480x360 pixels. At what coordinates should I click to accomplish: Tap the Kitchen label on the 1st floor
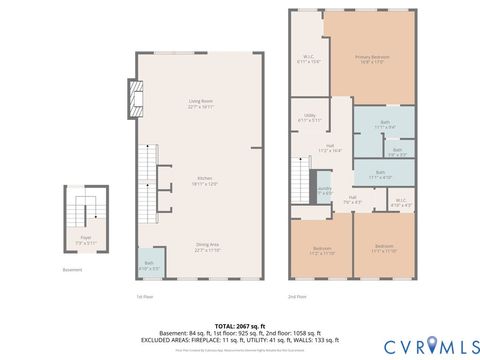click(x=204, y=182)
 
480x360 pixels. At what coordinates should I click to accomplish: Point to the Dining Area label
click(x=207, y=248)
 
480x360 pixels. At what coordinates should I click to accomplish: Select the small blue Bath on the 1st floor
click(x=148, y=265)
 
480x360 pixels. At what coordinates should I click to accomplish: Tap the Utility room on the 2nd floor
click(x=310, y=120)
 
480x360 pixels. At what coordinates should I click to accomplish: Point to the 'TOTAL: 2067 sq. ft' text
click(x=239, y=326)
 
